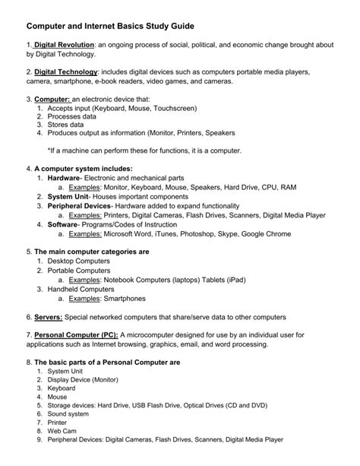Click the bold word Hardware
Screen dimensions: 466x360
coord(63,178)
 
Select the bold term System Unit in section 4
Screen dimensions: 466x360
coord(67,195)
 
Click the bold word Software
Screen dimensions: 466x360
coord(62,225)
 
